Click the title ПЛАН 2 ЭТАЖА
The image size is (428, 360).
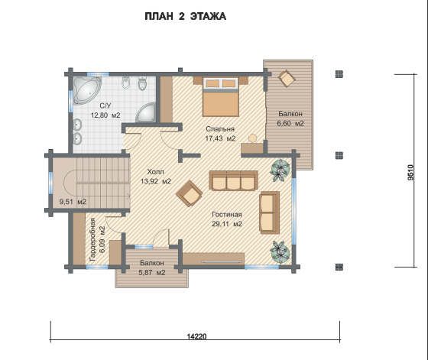[185, 16]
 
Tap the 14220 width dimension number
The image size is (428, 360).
[196, 336]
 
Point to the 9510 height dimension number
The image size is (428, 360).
[411, 172]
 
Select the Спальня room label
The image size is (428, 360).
[220, 129]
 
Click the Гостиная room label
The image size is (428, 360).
[227, 215]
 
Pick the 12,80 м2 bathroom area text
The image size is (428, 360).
[105, 115]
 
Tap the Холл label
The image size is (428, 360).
[156, 172]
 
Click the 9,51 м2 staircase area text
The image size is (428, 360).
[73, 202]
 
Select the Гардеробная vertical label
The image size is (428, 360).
[92, 239]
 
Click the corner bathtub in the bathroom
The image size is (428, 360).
[86, 90]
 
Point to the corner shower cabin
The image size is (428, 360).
[146, 112]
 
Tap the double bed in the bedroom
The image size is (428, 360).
[221, 96]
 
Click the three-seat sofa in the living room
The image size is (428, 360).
[234, 180]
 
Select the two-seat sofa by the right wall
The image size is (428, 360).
[269, 212]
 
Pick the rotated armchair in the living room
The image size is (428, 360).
[190, 193]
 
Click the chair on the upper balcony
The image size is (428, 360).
[287, 78]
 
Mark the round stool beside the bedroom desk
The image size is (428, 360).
[253, 138]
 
